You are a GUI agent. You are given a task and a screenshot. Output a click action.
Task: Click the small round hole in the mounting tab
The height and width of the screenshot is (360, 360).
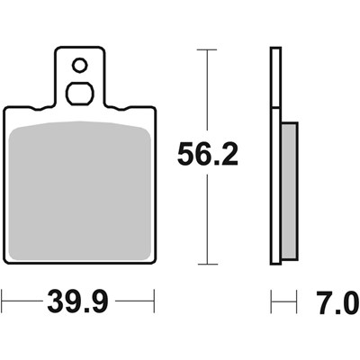click(x=79, y=65)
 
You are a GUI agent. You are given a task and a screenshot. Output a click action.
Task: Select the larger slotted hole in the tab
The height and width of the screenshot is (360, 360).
click(x=79, y=93)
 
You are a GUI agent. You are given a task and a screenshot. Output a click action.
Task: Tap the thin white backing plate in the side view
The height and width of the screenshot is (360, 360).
click(x=274, y=157)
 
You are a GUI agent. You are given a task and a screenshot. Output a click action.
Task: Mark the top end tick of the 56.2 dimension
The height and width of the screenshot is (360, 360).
click(x=209, y=50)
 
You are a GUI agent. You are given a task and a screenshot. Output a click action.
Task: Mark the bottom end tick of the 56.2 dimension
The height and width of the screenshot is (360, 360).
click(x=209, y=264)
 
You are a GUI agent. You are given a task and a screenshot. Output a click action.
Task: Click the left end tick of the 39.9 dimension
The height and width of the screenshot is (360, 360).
click(x=4, y=299)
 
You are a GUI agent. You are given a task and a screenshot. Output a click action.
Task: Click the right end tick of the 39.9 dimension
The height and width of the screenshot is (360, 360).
click(x=156, y=299)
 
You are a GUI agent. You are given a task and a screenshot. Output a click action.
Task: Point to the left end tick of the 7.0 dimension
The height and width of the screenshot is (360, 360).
click(x=271, y=299)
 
